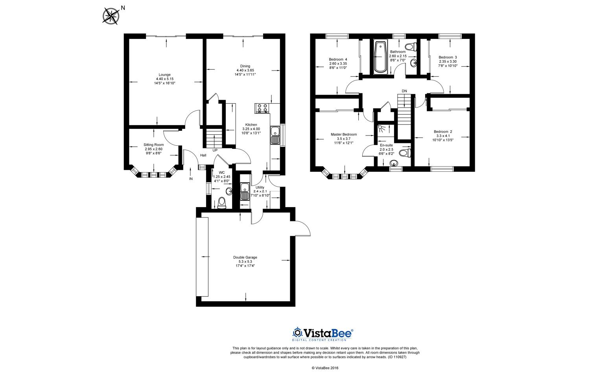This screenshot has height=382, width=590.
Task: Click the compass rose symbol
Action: coord(111,16)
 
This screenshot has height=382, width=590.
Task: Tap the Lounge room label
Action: coord(165,74)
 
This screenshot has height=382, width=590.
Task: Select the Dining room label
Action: coord(245,66)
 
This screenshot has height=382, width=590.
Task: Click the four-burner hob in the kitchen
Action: coord(262,108)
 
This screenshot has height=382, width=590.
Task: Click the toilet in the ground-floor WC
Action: coord(222,203)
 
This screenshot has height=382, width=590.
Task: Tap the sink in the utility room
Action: coord(245,192)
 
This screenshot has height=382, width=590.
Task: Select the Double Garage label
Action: coord(245,257)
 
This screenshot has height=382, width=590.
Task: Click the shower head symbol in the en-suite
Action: coord(382,128)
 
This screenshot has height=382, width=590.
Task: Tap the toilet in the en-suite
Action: coord(405,153)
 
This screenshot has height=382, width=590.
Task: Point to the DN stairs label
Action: coord(404,91)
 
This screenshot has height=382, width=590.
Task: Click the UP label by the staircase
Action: coord(215,150)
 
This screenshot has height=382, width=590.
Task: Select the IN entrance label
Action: coord(191,179)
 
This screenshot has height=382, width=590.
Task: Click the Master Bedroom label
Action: coord(344,134)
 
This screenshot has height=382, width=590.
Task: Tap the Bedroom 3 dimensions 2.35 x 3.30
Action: coord(448,61)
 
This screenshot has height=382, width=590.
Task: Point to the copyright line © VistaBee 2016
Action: coord(325,368)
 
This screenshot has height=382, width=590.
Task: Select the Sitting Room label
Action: coord(153,145)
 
